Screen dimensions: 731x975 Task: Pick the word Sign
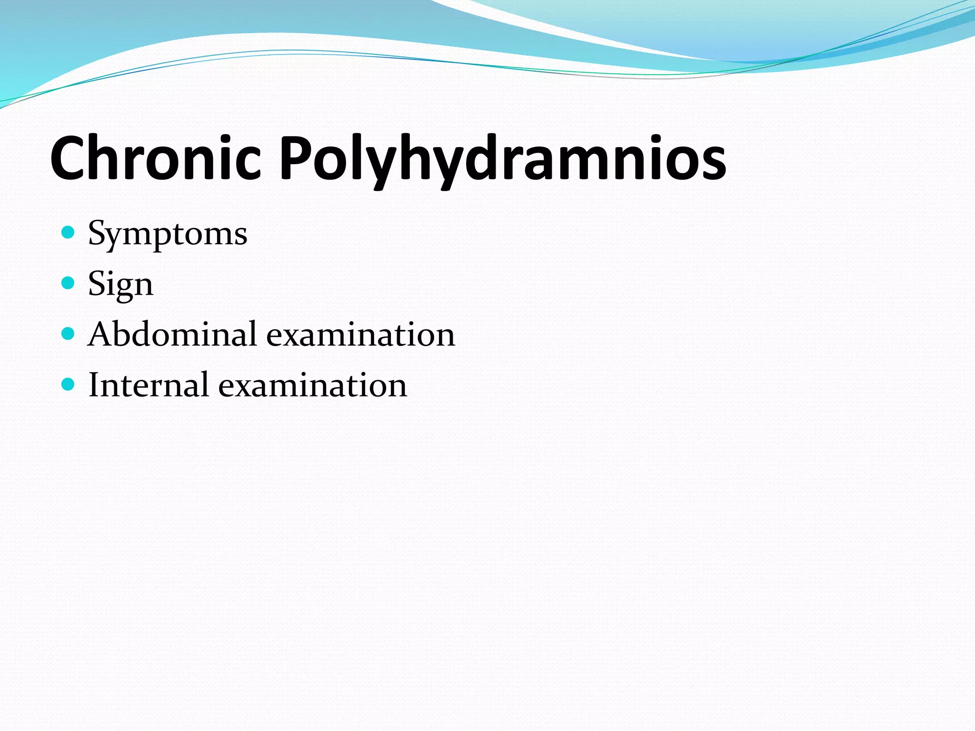[x=120, y=284]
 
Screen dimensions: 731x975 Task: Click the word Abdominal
[x=172, y=334]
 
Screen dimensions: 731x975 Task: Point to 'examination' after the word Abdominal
[x=360, y=335]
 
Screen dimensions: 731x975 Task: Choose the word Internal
[x=148, y=385]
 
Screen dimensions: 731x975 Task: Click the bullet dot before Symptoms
[x=69, y=233]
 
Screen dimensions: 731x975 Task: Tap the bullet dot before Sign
[x=69, y=283]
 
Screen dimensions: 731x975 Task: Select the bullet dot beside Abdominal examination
[x=69, y=334]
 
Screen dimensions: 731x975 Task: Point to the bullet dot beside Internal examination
[x=69, y=384]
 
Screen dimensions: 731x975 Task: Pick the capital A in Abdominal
[x=101, y=334]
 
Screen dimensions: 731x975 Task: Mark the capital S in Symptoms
[x=97, y=233]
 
